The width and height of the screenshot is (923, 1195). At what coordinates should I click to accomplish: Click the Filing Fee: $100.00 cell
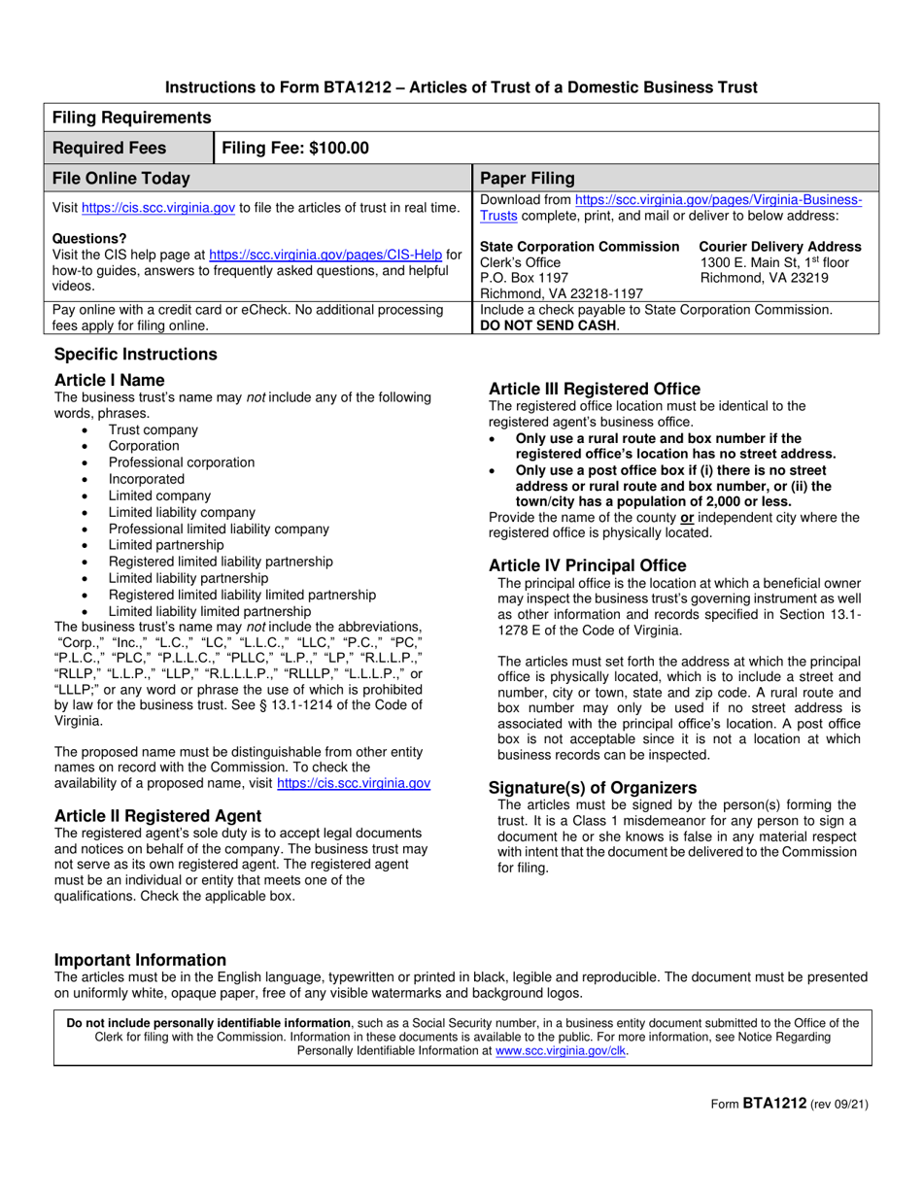click(x=296, y=148)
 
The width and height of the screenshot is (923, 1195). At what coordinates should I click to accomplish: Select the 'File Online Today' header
click(x=120, y=179)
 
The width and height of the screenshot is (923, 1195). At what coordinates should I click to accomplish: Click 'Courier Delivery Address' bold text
click(x=779, y=247)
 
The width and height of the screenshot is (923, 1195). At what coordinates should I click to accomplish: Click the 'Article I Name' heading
click(x=110, y=380)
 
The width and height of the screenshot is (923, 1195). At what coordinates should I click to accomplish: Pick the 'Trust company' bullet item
click(x=153, y=429)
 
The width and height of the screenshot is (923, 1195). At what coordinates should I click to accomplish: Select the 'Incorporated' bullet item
click(x=146, y=479)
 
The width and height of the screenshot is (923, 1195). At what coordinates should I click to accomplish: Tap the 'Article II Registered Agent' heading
click(x=157, y=815)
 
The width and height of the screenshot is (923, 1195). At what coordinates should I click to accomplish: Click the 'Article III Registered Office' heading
click(x=594, y=389)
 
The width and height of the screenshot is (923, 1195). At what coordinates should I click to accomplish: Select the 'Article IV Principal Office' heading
click(x=587, y=565)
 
